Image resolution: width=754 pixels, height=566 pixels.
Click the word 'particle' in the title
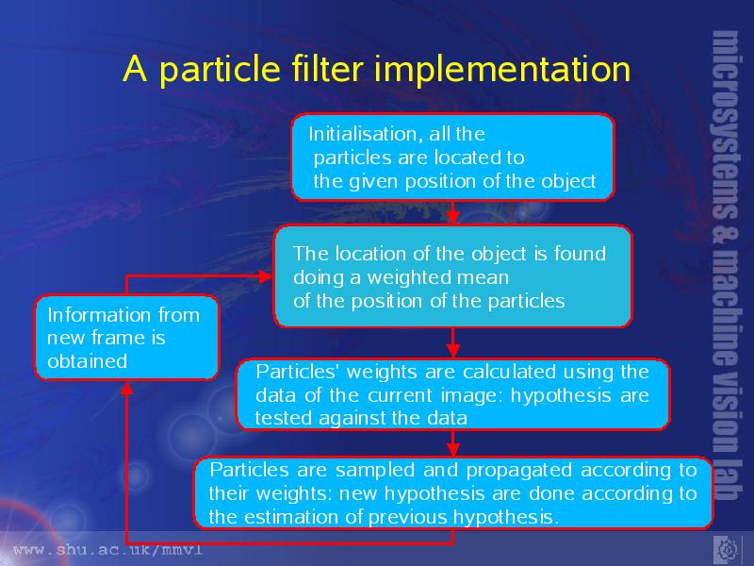coord(220,70)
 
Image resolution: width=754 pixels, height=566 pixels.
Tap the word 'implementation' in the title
coord(502,70)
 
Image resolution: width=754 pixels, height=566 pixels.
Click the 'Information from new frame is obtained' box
coord(126,338)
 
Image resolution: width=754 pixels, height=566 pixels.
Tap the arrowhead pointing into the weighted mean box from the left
coord(266,276)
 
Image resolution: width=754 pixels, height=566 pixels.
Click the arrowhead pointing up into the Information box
coord(126,389)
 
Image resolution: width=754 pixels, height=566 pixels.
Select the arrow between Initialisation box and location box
coord(452,212)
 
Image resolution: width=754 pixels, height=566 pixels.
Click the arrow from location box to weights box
coord(452,342)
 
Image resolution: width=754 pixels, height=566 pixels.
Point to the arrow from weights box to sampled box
coord(452,442)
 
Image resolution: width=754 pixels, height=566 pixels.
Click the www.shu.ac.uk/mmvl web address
coord(108,550)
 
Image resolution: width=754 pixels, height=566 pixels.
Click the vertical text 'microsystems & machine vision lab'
coord(726,265)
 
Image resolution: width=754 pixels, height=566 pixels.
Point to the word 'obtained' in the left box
coord(88,361)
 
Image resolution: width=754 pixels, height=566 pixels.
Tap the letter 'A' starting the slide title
coord(135,69)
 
